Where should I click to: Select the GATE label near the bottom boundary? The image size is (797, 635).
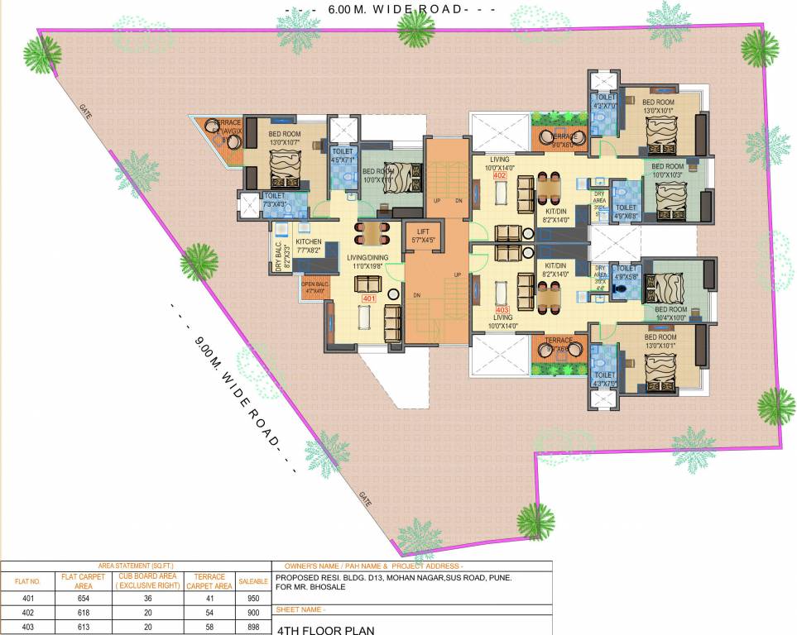(365, 498)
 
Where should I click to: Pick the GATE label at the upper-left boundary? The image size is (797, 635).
(86, 110)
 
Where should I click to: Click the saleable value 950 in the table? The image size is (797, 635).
(253, 597)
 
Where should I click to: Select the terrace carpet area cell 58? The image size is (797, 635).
(210, 628)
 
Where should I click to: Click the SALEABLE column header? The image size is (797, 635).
(253, 581)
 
